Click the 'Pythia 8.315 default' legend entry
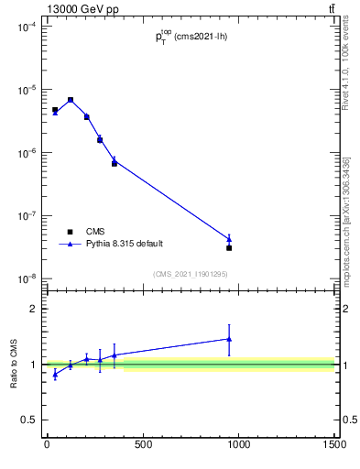pyautogui.click(x=125, y=244)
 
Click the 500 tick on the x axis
pyautogui.click(x=142, y=446)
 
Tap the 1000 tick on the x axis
pyautogui.click(x=238, y=446)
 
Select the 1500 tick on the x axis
pyautogui.click(x=334, y=446)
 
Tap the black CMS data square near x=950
pyautogui.click(x=229, y=248)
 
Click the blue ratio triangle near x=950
pyautogui.click(x=229, y=339)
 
